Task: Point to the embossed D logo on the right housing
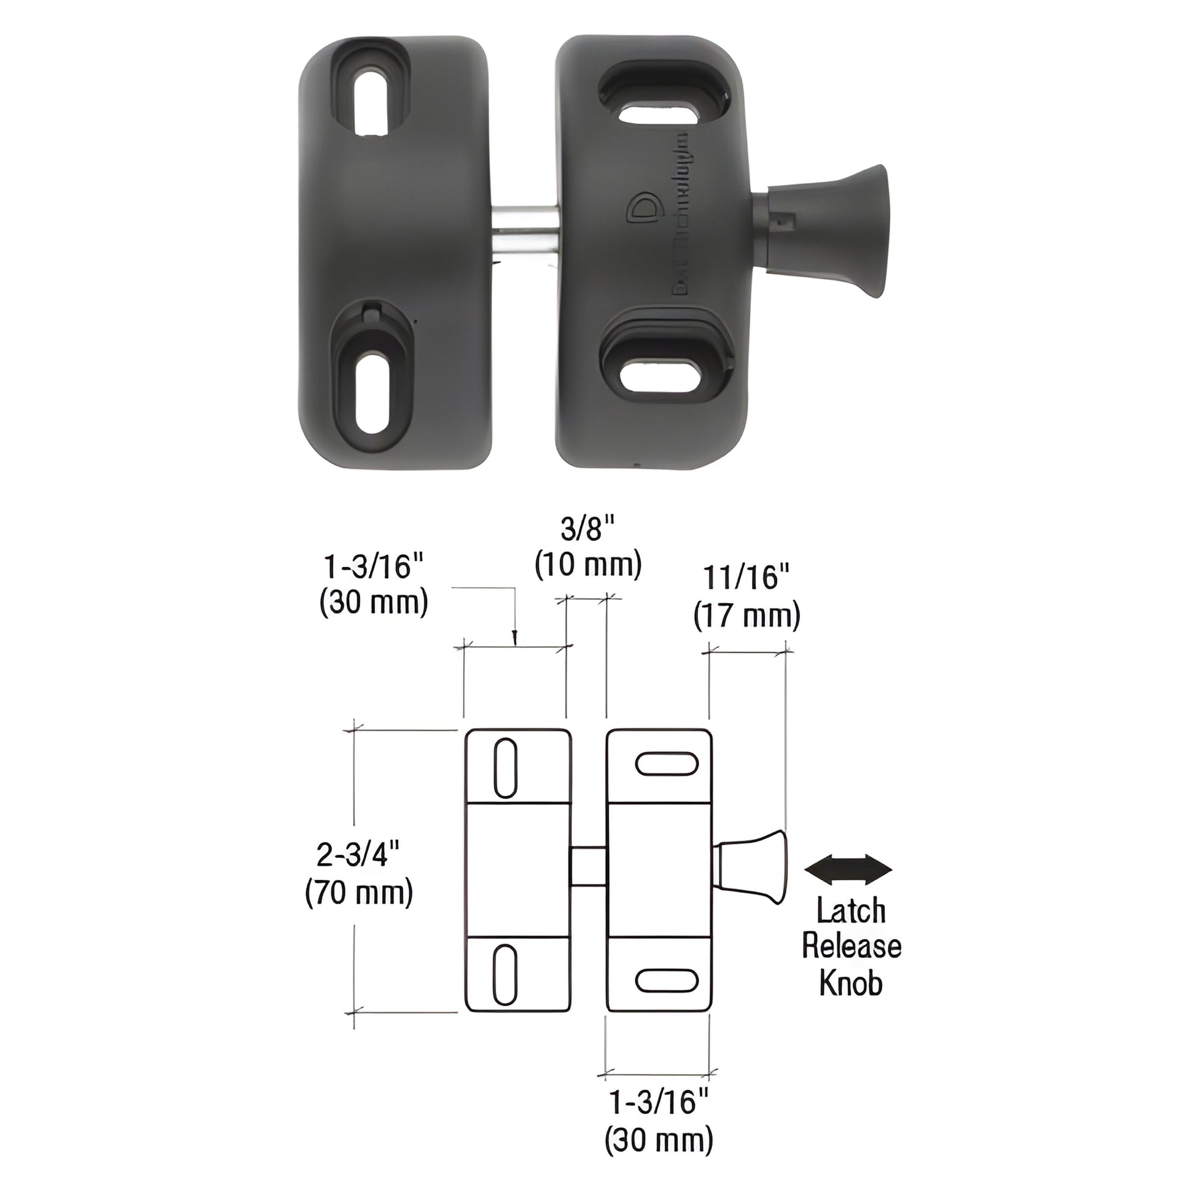(644, 208)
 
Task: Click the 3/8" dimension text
(588, 528)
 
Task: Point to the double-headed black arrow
(848, 869)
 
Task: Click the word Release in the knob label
(851, 945)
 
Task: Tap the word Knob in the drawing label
(851, 983)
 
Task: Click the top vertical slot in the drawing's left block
(505, 768)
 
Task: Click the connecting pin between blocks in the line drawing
(588, 866)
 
